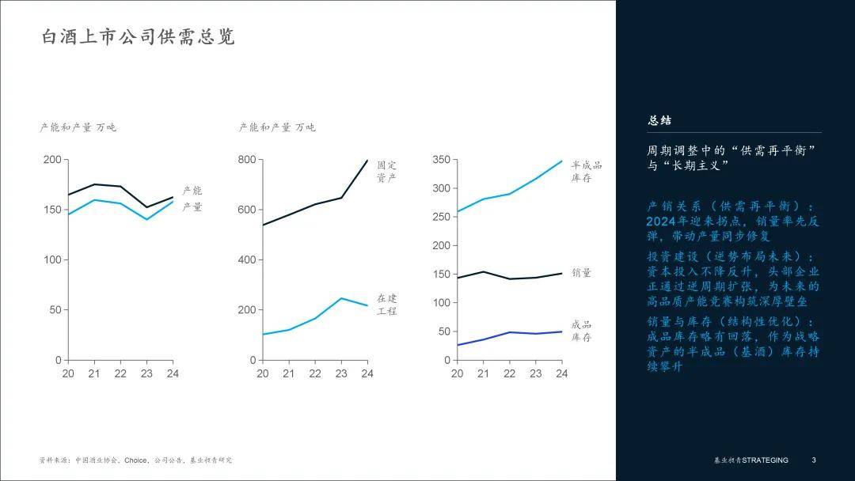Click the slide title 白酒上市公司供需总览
[138, 37]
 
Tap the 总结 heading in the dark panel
[659, 120]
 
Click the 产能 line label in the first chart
[192, 191]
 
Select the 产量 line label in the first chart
[192, 207]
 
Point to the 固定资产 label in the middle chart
[387, 171]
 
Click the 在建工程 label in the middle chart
[387, 305]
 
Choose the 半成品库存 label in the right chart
[586, 171]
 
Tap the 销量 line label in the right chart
[581, 273]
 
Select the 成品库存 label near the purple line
[581, 331]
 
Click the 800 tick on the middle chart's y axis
[247, 160]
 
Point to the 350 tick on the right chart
[441, 160]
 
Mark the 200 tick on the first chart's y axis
[52, 160]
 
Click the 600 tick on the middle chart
[247, 210]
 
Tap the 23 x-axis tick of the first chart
[146, 373]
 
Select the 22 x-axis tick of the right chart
[510, 373]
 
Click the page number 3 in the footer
[813, 460]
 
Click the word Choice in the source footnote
[135, 460]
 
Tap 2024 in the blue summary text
[659, 221]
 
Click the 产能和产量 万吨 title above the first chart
[78, 127]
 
